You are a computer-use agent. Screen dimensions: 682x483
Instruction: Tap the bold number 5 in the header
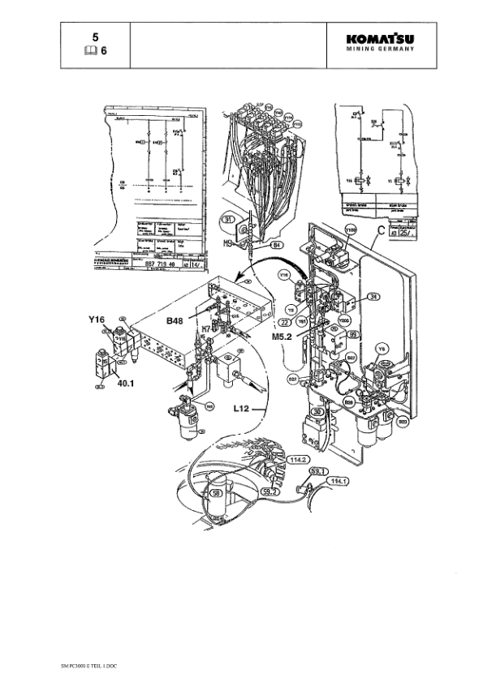95,37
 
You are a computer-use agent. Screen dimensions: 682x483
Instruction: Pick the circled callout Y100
350,231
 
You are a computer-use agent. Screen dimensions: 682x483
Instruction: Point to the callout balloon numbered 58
216,491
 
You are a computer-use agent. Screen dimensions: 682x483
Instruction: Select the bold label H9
230,241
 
